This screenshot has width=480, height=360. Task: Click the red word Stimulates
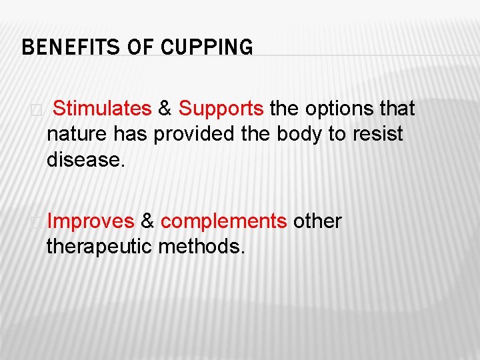click(x=102, y=108)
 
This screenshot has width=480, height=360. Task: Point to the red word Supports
click(x=221, y=108)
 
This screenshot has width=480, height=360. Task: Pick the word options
click(x=341, y=108)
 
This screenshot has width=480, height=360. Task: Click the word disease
click(x=86, y=160)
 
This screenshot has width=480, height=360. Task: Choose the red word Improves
click(x=91, y=221)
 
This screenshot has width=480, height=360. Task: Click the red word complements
click(x=224, y=221)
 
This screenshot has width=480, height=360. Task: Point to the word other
click(x=317, y=221)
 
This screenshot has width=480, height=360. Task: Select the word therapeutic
click(x=99, y=247)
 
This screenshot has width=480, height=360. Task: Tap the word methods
click(x=202, y=247)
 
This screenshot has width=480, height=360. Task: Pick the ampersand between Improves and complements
click(x=147, y=221)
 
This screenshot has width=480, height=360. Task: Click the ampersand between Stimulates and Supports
click(x=165, y=108)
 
